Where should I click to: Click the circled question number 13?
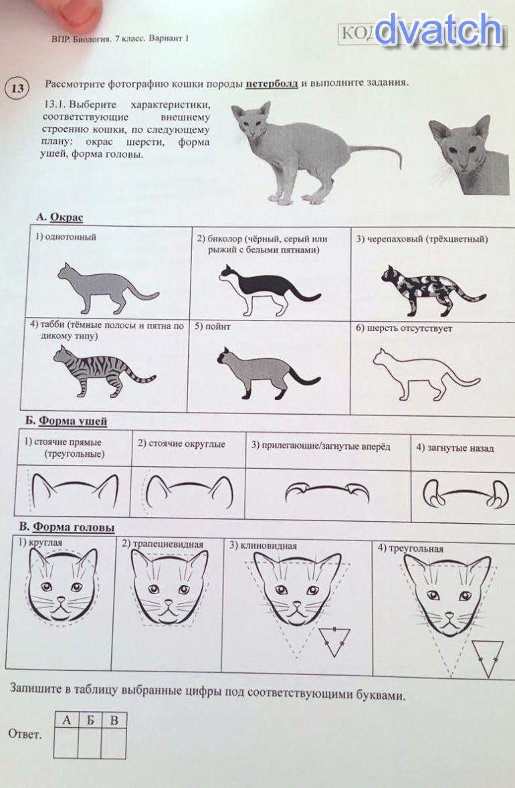[x=17, y=89]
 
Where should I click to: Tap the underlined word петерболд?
[x=272, y=84]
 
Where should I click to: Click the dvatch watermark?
[x=438, y=30]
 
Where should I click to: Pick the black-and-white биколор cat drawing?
[x=270, y=290]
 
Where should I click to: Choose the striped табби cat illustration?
[x=104, y=371]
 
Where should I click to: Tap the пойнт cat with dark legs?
[x=268, y=373]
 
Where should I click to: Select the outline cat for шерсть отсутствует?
[x=426, y=375]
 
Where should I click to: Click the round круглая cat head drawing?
[x=62, y=585]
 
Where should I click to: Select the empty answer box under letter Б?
[x=90, y=743]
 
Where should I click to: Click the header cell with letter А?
[x=66, y=720]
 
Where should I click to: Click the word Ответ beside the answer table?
[x=25, y=734]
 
